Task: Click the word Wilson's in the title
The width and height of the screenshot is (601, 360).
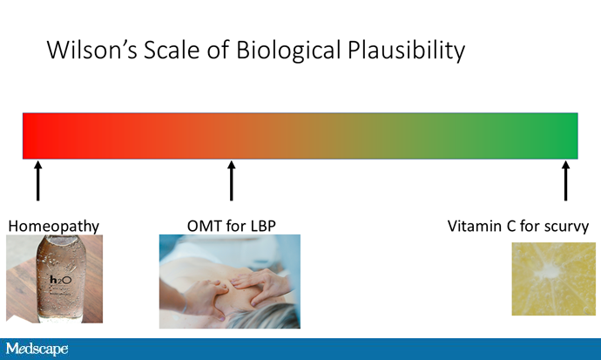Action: click(x=92, y=50)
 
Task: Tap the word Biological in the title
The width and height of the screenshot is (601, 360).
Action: click(x=288, y=51)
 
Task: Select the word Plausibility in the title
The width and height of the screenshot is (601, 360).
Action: click(x=406, y=51)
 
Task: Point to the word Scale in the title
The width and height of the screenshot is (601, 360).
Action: click(x=172, y=50)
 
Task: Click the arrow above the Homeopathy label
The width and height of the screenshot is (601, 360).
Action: click(x=37, y=180)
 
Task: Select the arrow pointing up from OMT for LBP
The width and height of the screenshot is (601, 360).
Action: click(x=231, y=180)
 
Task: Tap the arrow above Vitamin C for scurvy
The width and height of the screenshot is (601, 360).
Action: click(x=565, y=180)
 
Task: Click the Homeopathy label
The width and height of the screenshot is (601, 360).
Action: click(x=54, y=226)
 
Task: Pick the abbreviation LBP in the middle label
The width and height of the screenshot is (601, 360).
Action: click(x=263, y=226)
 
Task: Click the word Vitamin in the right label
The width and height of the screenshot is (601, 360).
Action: click(x=474, y=226)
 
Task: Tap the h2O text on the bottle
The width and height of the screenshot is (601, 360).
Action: click(x=61, y=280)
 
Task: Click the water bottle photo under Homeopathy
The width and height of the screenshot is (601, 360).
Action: click(x=54, y=279)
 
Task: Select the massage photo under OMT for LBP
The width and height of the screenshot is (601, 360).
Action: click(x=230, y=282)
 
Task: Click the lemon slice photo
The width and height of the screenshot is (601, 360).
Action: click(x=554, y=279)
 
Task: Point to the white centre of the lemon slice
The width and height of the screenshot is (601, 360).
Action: click(x=545, y=273)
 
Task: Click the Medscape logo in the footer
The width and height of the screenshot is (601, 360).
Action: click(x=37, y=349)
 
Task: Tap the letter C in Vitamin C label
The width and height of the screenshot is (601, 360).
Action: click(x=511, y=226)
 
